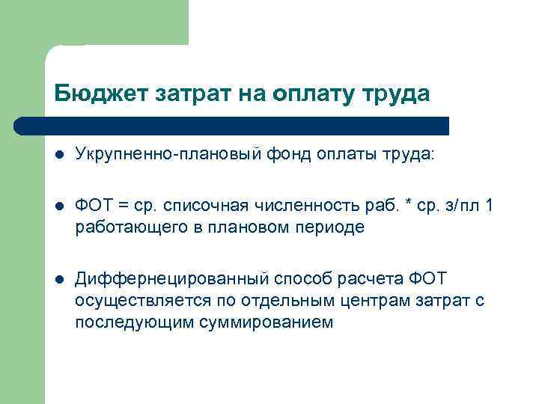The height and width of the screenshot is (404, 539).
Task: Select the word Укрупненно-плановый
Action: click(169, 154)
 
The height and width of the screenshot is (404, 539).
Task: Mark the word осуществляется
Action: click(140, 300)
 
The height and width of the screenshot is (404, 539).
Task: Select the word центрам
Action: click(386, 300)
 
